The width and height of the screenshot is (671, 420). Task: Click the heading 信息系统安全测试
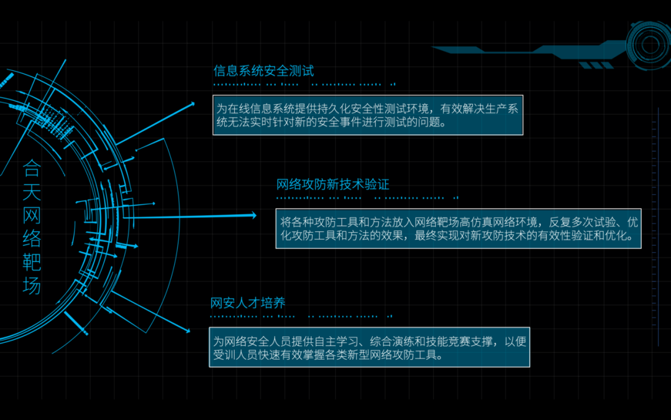pos(263,71)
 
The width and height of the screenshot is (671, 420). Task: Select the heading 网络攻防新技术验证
pos(332,184)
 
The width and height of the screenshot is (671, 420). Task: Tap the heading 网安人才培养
pos(248,303)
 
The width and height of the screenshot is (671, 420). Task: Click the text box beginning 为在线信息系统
pos(368,115)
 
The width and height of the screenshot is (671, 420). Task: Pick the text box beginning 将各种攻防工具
pos(459,228)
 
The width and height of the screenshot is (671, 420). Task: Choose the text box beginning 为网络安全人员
pos(369,347)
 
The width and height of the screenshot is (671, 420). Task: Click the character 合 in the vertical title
pos(31,168)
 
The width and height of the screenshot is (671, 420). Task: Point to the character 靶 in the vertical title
pos(31,262)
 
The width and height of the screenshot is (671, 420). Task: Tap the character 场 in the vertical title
pos(31,285)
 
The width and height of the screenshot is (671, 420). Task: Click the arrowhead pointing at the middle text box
pos(253,215)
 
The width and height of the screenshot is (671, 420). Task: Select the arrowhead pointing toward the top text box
pos(193,104)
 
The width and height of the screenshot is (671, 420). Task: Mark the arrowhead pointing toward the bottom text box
pos(188,330)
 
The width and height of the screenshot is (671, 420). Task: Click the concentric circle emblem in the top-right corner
pos(650,44)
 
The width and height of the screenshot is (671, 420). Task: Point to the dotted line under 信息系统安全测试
pos(304,85)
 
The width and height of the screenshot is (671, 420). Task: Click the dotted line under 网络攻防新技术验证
pos(367,198)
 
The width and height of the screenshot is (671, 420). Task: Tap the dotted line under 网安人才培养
pos(301,317)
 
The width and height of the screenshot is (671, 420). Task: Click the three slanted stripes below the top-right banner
pos(596,65)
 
